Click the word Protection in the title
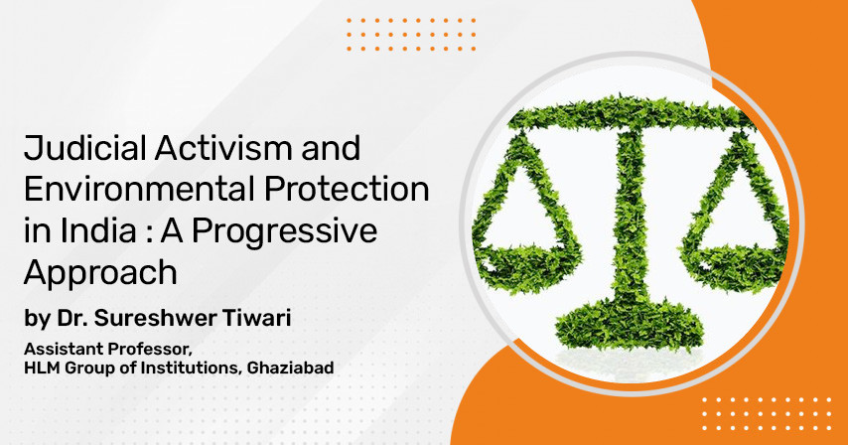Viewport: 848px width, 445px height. pyautogui.click(x=347, y=190)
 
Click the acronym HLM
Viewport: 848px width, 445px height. pyautogui.click(x=42, y=369)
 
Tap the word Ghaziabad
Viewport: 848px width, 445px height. pyautogui.click(x=290, y=369)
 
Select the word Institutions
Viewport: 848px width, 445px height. pyautogui.click(x=192, y=369)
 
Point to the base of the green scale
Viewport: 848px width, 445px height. pyautogui.click(x=631, y=326)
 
